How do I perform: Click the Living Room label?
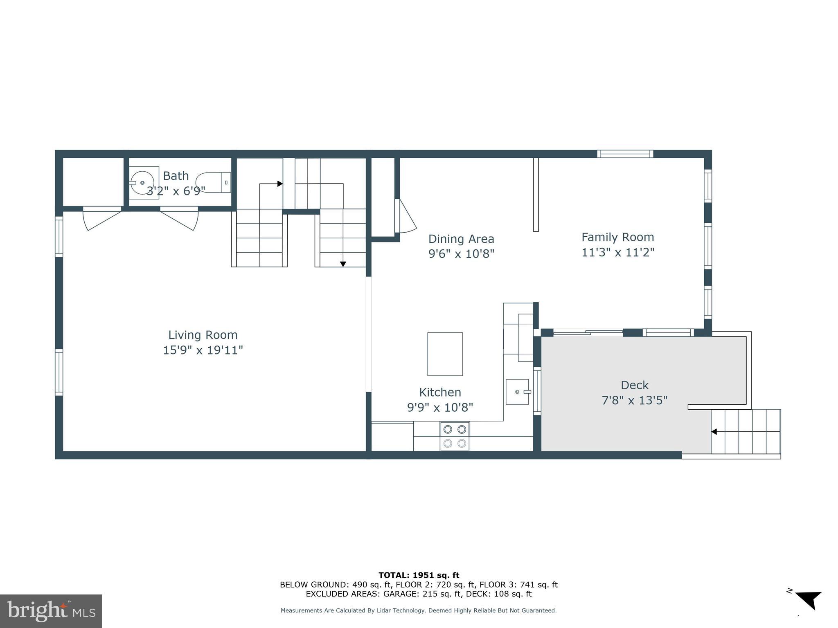(203, 335)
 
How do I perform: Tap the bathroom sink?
(142, 182)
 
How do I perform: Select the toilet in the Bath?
(212, 182)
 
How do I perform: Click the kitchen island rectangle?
(445, 354)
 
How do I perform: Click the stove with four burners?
(455, 436)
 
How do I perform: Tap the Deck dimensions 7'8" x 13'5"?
(634, 400)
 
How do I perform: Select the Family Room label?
(617, 237)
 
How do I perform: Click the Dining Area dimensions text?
(461, 254)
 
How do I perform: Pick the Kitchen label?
(440, 392)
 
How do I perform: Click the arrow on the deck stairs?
(714, 432)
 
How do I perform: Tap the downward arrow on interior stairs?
(343, 264)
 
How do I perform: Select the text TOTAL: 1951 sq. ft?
(419, 575)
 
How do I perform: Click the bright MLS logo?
(51, 611)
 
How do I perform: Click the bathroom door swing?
(180, 219)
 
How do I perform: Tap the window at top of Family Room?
(625, 154)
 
